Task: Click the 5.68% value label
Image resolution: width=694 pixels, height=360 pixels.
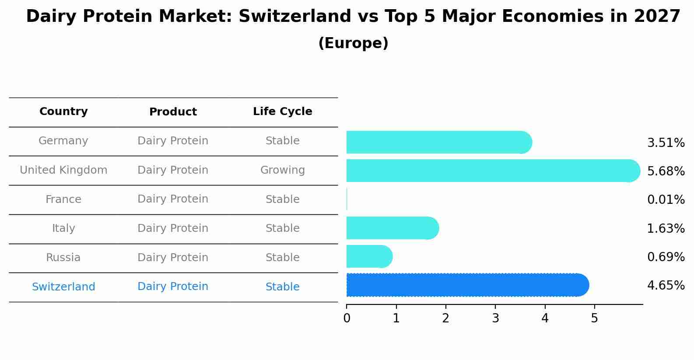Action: click(666, 171)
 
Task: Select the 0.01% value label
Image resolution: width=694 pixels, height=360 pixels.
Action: click(666, 200)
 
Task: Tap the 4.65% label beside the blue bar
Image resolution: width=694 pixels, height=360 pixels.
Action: click(666, 286)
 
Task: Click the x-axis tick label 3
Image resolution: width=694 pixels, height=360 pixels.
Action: click(495, 318)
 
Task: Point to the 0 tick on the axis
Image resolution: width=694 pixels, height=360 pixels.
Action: click(347, 318)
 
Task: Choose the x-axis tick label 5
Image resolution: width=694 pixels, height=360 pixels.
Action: click(594, 318)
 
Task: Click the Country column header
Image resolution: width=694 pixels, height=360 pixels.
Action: click(63, 112)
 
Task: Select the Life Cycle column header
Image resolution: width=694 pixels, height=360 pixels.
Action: click(282, 112)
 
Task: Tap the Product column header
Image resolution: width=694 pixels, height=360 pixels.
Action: click(173, 112)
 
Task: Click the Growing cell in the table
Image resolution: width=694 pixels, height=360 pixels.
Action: click(282, 170)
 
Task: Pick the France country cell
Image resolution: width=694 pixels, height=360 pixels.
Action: click(63, 199)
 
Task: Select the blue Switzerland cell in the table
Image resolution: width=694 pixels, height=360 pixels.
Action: click(63, 287)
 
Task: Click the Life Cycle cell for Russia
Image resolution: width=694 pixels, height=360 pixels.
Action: click(282, 258)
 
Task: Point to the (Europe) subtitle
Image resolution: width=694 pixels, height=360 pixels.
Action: click(353, 43)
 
